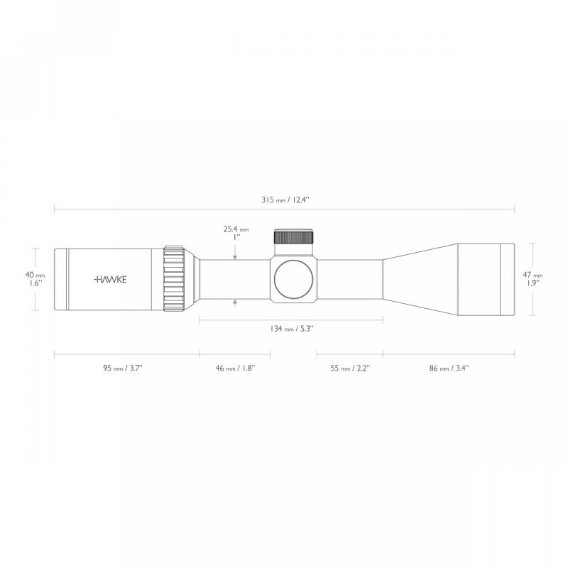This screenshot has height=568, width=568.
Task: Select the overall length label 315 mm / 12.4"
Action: pos(285,200)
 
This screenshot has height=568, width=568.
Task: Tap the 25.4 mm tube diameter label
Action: pos(236,230)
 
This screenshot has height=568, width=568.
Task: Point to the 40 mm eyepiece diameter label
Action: pos(35,274)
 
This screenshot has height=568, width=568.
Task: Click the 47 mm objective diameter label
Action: pos(532,274)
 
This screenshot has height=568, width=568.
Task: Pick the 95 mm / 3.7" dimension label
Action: pos(126,368)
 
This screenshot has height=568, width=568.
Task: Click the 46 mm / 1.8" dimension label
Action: pos(236,368)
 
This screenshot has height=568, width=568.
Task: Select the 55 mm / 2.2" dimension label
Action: pos(350,368)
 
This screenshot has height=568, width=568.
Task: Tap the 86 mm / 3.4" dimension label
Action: pos(449,368)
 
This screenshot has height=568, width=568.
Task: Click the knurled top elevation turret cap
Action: pos(294,237)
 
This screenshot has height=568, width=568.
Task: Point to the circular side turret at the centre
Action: pos(294,278)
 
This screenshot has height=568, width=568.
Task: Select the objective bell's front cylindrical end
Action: pos(486,278)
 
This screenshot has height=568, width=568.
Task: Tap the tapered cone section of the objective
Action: pos(419,278)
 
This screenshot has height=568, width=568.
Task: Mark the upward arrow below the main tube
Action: pos(236,303)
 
